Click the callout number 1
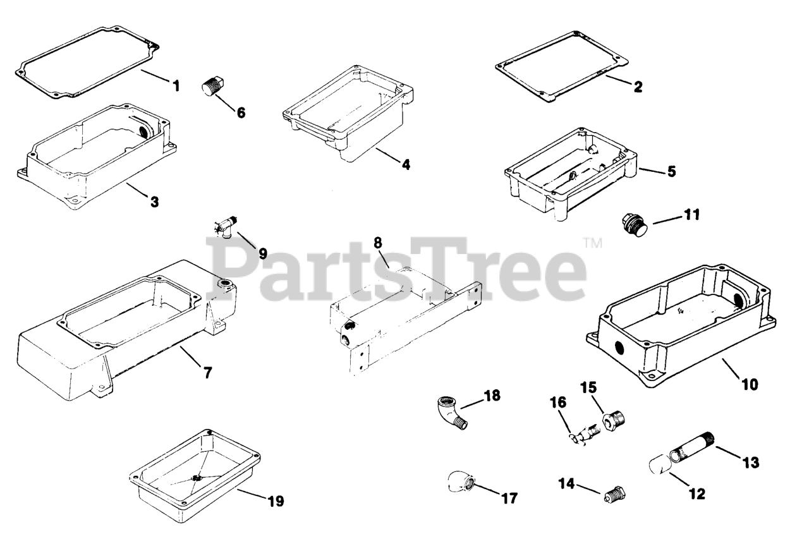tap(176, 86)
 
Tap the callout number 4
tap(406, 165)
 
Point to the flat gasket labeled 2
tap(562, 67)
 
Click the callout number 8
tap(378, 243)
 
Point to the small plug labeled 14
tap(615, 494)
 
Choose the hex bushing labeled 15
tap(614, 420)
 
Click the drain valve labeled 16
tap(585, 434)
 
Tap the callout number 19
tap(276, 501)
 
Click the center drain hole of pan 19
tap(197, 478)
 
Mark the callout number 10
tap(750, 385)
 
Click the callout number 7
tap(208, 373)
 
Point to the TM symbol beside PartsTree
tap(592, 243)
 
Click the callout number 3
tap(155, 202)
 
